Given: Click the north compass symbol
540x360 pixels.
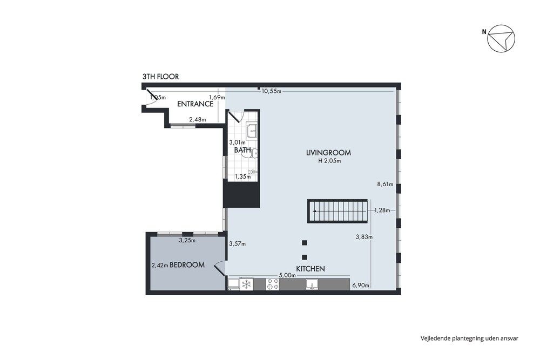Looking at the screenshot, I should (x=501, y=39).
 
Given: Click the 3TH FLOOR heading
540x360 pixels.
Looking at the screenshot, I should (x=160, y=77).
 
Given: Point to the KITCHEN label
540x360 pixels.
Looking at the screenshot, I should (x=310, y=268).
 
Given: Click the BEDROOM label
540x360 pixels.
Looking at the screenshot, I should (x=187, y=265).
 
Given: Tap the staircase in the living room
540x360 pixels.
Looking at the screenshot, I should (x=338, y=211).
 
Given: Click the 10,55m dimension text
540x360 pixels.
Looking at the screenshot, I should (x=272, y=91).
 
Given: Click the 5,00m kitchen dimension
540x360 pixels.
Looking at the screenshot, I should (x=287, y=275).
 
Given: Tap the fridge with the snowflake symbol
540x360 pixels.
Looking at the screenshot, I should (x=246, y=284).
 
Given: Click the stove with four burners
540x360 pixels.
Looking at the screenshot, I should (x=273, y=284).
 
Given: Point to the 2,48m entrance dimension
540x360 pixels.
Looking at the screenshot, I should (x=197, y=120).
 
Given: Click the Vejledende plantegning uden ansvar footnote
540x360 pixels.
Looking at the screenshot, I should (x=469, y=338).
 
